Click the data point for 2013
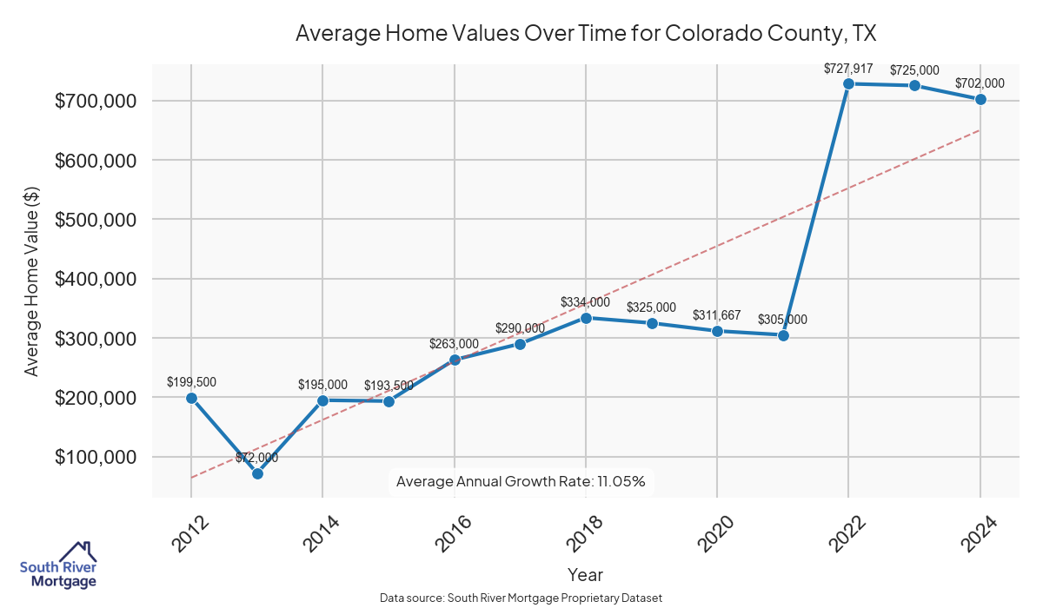pyautogui.click(x=257, y=473)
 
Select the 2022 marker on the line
pyautogui.click(x=848, y=83)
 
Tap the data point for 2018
pyautogui.click(x=586, y=318)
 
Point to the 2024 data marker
pyautogui.click(x=980, y=99)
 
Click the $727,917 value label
pyautogui.click(x=848, y=68)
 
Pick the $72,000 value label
pyautogui.click(x=257, y=458)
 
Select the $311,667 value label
pyautogui.click(x=717, y=315)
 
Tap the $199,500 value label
pyautogui.click(x=191, y=382)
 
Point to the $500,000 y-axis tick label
pyautogui.click(x=96, y=220)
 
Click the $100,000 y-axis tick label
pyautogui.click(x=96, y=457)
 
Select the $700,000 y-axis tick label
pyautogui.click(x=96, y=101)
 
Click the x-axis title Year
pyautogui.click(x=585, y=574)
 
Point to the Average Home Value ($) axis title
pyautogui.click(x=31, y=280)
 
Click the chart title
pyautogui.click(x=585, y=34)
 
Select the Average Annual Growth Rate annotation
pyautogui.click(x=521, y=481)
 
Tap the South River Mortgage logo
pyautogui.click(x=59, y=565)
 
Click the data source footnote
pyautogui.click(x=521, y=598)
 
